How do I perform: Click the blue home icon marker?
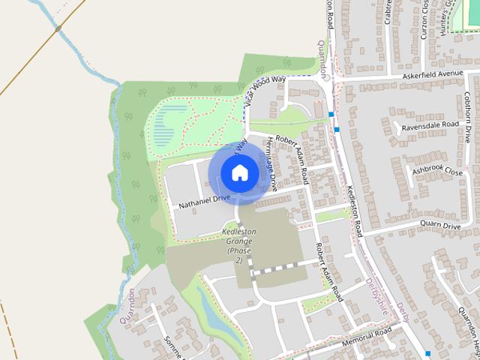(239, 172)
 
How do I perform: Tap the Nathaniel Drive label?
(204, 199)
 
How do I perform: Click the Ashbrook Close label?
(437, 171)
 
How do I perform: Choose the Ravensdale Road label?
(430, 125)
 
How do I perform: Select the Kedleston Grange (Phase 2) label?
(238, 246)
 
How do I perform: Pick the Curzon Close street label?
(424, 19)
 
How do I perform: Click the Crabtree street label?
(388, 11)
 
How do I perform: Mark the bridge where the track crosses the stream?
(58, 28)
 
